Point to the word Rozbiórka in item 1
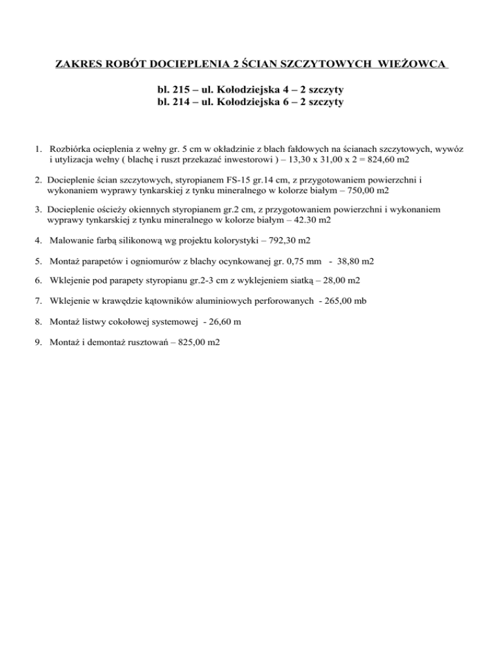click(x=70, y=149)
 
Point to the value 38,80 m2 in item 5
click(x=356, y=262)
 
